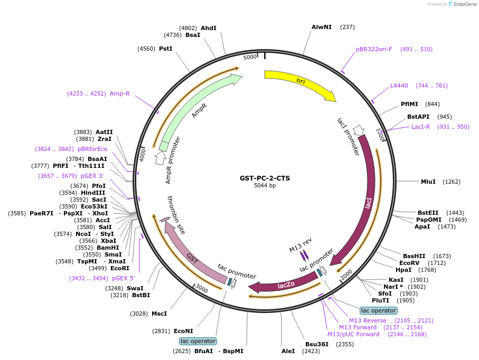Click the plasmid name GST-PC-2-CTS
pos(265,178)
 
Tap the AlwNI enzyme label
pos(322,27)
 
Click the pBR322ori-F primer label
pos(374,49)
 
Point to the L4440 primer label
pos(399,86)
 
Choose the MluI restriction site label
pos(428,182)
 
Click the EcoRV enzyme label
pos(408,262)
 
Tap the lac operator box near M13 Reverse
pos(378,310)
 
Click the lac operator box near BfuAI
pos(198,341)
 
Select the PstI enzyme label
pos(166,49)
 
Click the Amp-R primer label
pos(120,93)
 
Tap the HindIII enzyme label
pos(95,193)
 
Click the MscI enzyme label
pos(159,314)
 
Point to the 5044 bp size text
pos(265,186)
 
